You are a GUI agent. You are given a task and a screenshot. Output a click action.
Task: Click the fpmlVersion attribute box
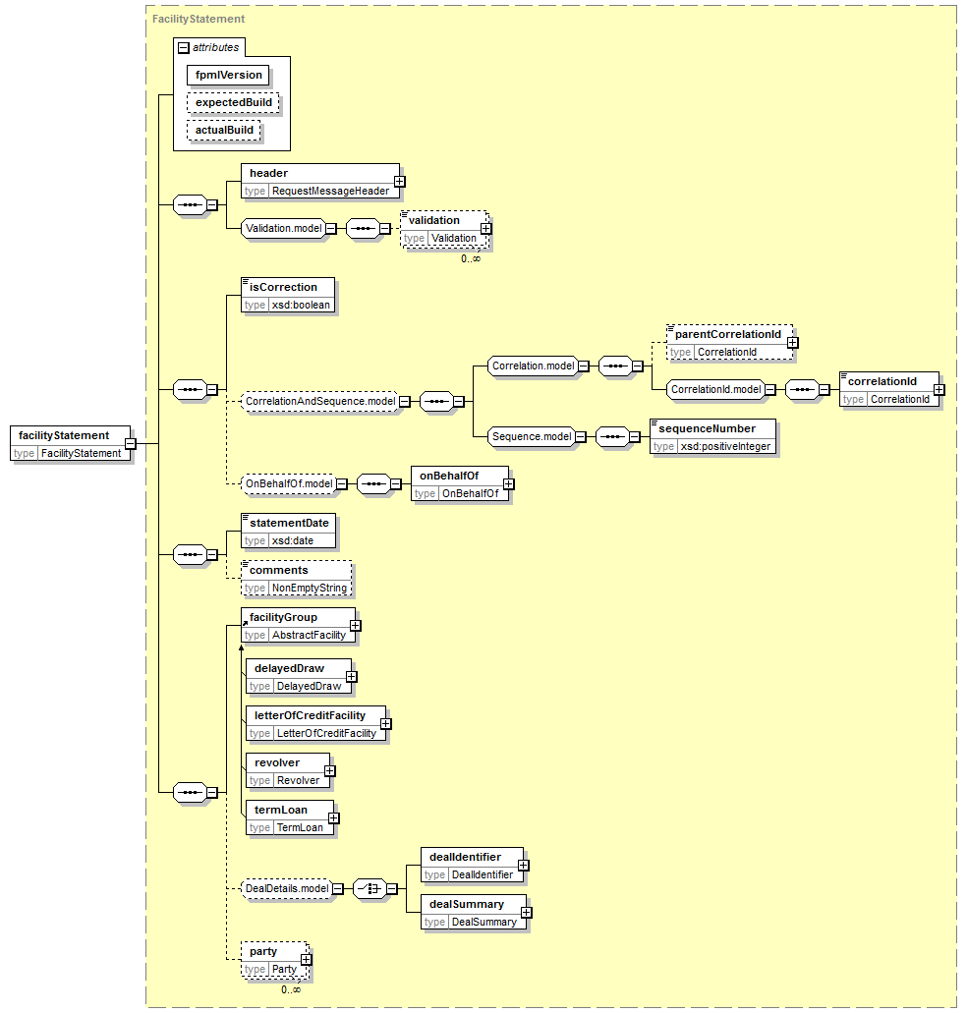228,75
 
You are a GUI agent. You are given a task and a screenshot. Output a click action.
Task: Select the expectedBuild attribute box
233,103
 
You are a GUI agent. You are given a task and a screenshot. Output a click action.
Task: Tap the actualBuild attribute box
224,131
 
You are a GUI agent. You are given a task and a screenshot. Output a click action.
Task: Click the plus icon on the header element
400,182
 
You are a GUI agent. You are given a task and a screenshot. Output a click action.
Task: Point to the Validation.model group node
283,228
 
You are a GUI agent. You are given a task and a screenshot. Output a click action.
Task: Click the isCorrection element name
284,287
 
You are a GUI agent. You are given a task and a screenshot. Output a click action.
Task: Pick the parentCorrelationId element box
730,342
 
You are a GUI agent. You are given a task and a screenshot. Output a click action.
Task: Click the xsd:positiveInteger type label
725,446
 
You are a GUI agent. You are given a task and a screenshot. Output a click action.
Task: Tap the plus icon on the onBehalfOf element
509,483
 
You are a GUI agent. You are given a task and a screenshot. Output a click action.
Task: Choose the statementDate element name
289,523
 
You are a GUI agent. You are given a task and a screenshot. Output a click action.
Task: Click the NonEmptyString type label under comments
310,588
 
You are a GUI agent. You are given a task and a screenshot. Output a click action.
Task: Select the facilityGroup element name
284,617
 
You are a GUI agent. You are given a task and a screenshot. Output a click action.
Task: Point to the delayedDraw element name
289,668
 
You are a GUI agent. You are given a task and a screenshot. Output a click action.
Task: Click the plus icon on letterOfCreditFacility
385,723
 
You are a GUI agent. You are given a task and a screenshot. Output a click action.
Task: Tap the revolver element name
277,762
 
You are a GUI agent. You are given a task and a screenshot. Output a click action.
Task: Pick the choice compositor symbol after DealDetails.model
370,889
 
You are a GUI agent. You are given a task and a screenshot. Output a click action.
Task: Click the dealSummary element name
467,904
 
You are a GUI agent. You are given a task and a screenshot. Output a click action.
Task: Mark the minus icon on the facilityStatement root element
131,444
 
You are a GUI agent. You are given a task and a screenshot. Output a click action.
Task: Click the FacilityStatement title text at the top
199,19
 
